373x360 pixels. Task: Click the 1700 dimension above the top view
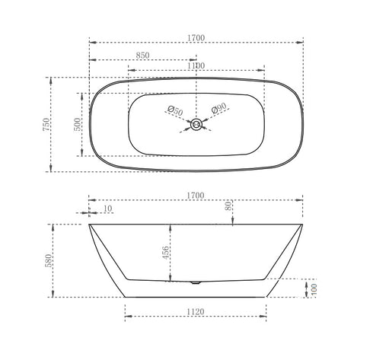195,34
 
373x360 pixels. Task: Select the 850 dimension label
142,56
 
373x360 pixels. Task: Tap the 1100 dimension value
194,66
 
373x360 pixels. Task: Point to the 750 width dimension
46,125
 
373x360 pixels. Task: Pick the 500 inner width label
77,124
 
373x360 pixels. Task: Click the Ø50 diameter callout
176,112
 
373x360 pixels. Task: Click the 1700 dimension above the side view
195,196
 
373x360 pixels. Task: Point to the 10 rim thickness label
107,208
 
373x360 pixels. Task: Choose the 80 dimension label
228,206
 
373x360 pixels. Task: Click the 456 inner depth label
167,252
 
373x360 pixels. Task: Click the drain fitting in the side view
196,281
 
